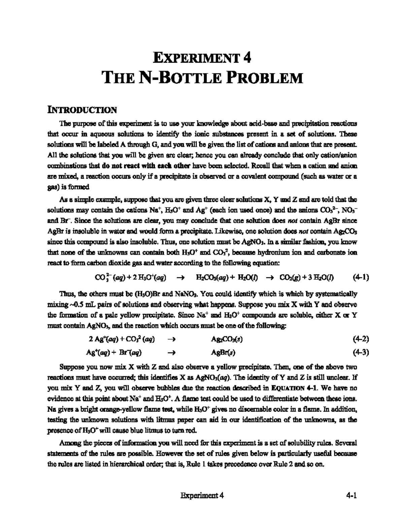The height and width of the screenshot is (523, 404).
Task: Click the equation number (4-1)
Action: pos(361,277)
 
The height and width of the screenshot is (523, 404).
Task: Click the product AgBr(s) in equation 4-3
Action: pos(223,353)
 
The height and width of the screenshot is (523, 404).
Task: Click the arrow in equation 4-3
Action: pos(171,353)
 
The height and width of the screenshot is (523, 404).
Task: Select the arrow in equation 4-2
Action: pos(171,339)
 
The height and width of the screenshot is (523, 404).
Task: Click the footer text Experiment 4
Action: pos(202,495)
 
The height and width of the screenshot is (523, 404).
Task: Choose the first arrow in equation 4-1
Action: pos(180,277)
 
